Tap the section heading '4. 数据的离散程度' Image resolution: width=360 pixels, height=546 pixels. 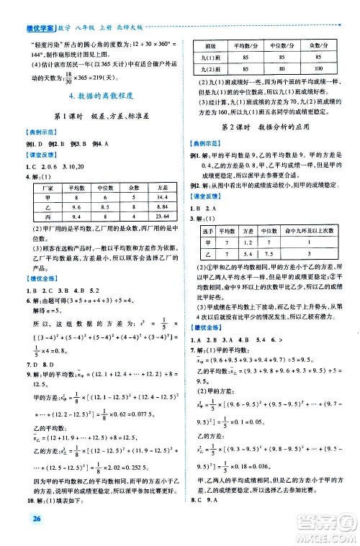tap(90, 96)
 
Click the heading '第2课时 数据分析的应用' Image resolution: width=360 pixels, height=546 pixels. tap(262, 127)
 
